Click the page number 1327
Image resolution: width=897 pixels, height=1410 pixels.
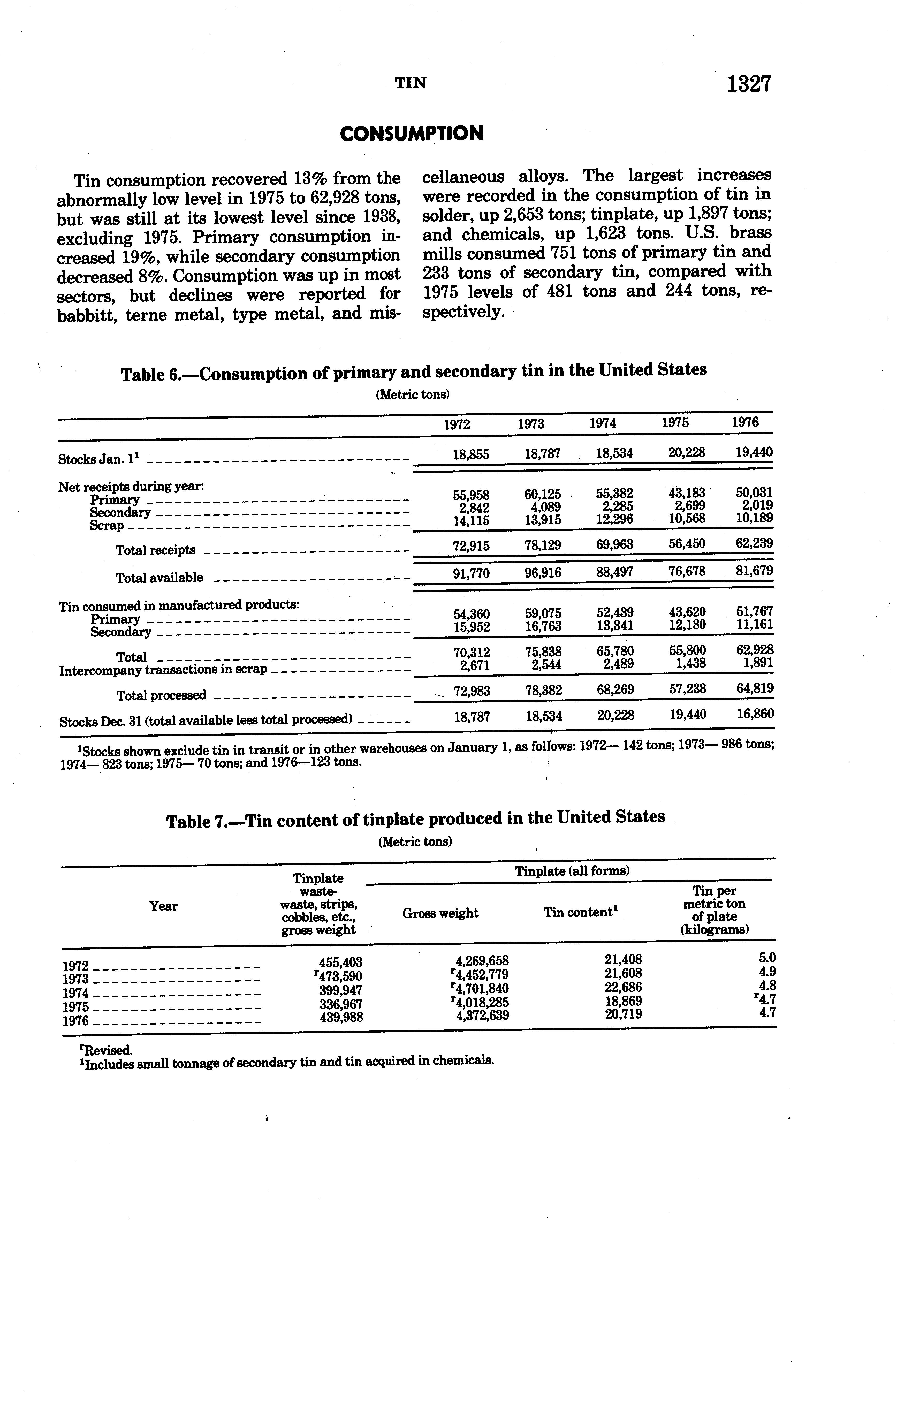coord(749,84)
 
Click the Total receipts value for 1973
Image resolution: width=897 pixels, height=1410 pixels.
coord(543,545)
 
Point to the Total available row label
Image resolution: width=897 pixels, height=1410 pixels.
coord(159,578)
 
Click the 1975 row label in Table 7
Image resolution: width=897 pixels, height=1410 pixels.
coord(75,1007)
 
